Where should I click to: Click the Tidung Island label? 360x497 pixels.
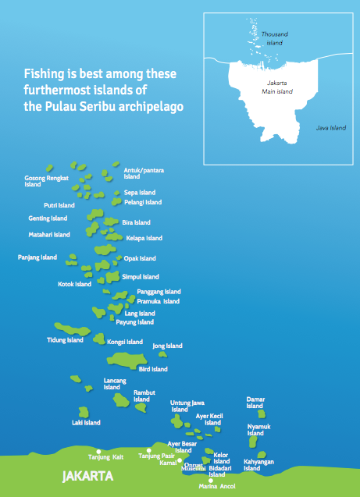(65, 340)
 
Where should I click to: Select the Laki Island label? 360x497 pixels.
(86, 423)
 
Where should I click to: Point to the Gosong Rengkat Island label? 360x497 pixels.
(47, 181)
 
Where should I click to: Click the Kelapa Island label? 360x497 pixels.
(144, 238)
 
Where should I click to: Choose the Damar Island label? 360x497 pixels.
(255, 402)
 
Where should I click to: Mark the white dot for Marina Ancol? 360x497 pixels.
(212, 480)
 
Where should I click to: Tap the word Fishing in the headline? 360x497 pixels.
(45, 74)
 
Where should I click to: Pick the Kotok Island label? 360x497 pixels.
(75, 284)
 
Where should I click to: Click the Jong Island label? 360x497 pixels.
(167, 346)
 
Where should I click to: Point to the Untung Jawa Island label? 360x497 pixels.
(186, 406)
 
